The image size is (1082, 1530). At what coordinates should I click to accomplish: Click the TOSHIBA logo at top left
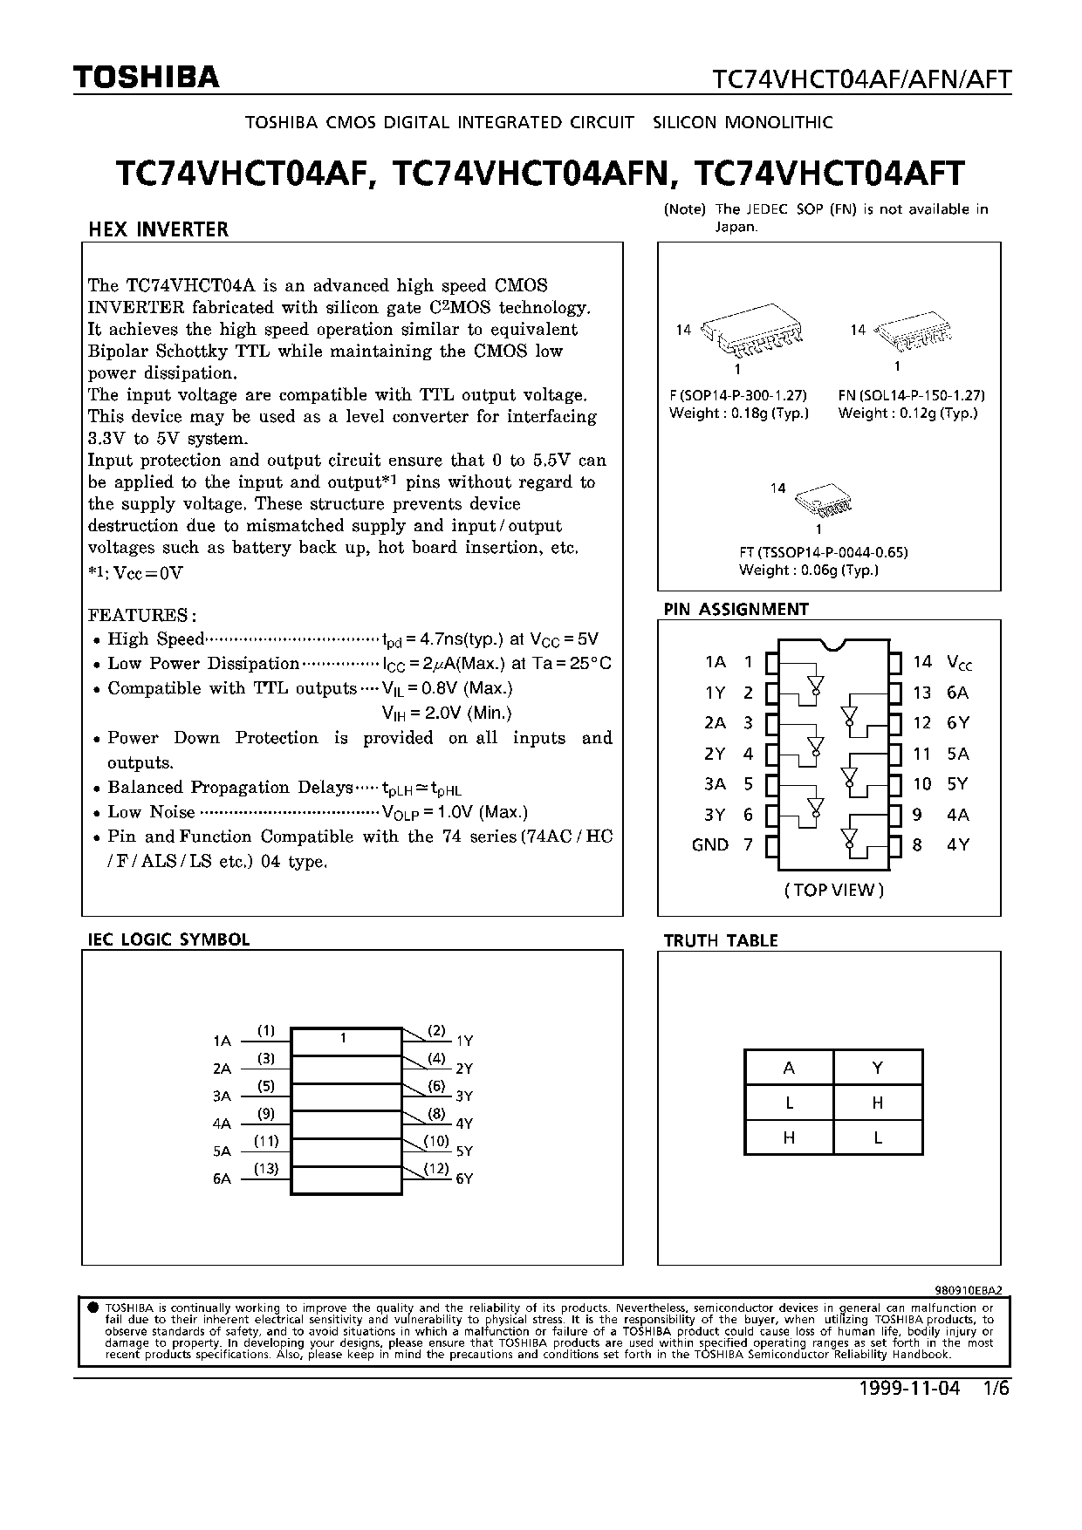coord(146,78)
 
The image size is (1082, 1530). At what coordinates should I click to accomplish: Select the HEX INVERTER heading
coord(158,229)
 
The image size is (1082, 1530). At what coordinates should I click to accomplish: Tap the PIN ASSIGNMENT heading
coord(736,609)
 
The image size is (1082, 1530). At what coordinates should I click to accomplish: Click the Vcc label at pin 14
coord(959,663)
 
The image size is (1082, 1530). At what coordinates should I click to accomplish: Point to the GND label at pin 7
coord(709,844)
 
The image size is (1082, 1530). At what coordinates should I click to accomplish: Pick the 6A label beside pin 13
coord(957,693)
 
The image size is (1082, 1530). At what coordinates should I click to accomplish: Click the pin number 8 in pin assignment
coord(917,844)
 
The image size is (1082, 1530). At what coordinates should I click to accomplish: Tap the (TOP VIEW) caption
coord(834,890)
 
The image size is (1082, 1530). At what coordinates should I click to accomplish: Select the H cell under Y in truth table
coord(878,1103)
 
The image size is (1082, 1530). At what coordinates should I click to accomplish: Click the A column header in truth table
coord(789,1068)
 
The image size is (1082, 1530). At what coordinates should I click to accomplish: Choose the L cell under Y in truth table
coord(878,1137)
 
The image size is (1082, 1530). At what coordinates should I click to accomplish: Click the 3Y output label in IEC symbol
coord(464,1096)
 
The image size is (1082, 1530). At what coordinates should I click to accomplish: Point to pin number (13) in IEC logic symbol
coord(266,1169)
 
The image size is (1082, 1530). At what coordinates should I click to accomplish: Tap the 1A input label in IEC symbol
coord(222,1041)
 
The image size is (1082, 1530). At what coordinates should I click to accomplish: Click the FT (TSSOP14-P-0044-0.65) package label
coord(823,552)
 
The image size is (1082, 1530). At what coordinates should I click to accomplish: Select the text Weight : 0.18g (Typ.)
coord(739,413)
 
